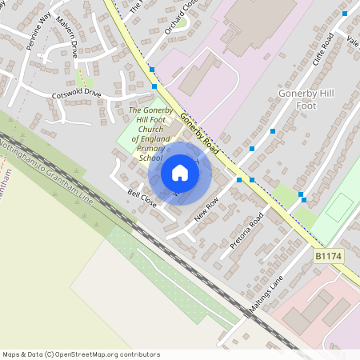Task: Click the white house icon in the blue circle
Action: [x=180, y=173]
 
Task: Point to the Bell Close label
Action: [x=142, y=199]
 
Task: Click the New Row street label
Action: [x=206, y=211]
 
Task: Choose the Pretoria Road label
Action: [x=246, y=231]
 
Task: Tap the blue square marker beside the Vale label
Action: [x=345, y=14]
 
